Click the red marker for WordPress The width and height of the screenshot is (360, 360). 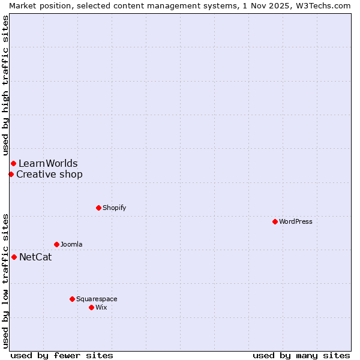[275, 221]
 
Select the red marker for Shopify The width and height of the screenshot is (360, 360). [98, 208]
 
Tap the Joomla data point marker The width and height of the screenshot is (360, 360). [56, 244]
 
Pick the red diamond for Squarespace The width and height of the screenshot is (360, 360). [72, 299]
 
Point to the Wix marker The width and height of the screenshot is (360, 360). [91, 307]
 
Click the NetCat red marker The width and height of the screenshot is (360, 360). [14, 257]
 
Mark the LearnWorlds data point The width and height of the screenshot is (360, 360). [13, 163]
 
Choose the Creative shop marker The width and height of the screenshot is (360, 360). [11, 174]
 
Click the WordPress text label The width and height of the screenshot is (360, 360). [296, 221]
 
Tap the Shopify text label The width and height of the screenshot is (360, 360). [114, 208]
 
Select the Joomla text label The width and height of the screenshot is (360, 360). [71, 244]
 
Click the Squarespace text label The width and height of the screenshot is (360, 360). [97, 299]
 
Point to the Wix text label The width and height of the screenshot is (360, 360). [101, 307]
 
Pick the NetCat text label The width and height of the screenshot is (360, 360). [35, 257]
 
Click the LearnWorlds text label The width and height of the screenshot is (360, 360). [48, 163]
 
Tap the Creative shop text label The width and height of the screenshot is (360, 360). [49, 175]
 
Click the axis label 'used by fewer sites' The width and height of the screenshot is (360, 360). [62, 355]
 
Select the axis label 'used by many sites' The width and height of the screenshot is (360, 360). [301, 355]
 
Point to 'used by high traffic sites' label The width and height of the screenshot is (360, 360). [5, 85]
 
